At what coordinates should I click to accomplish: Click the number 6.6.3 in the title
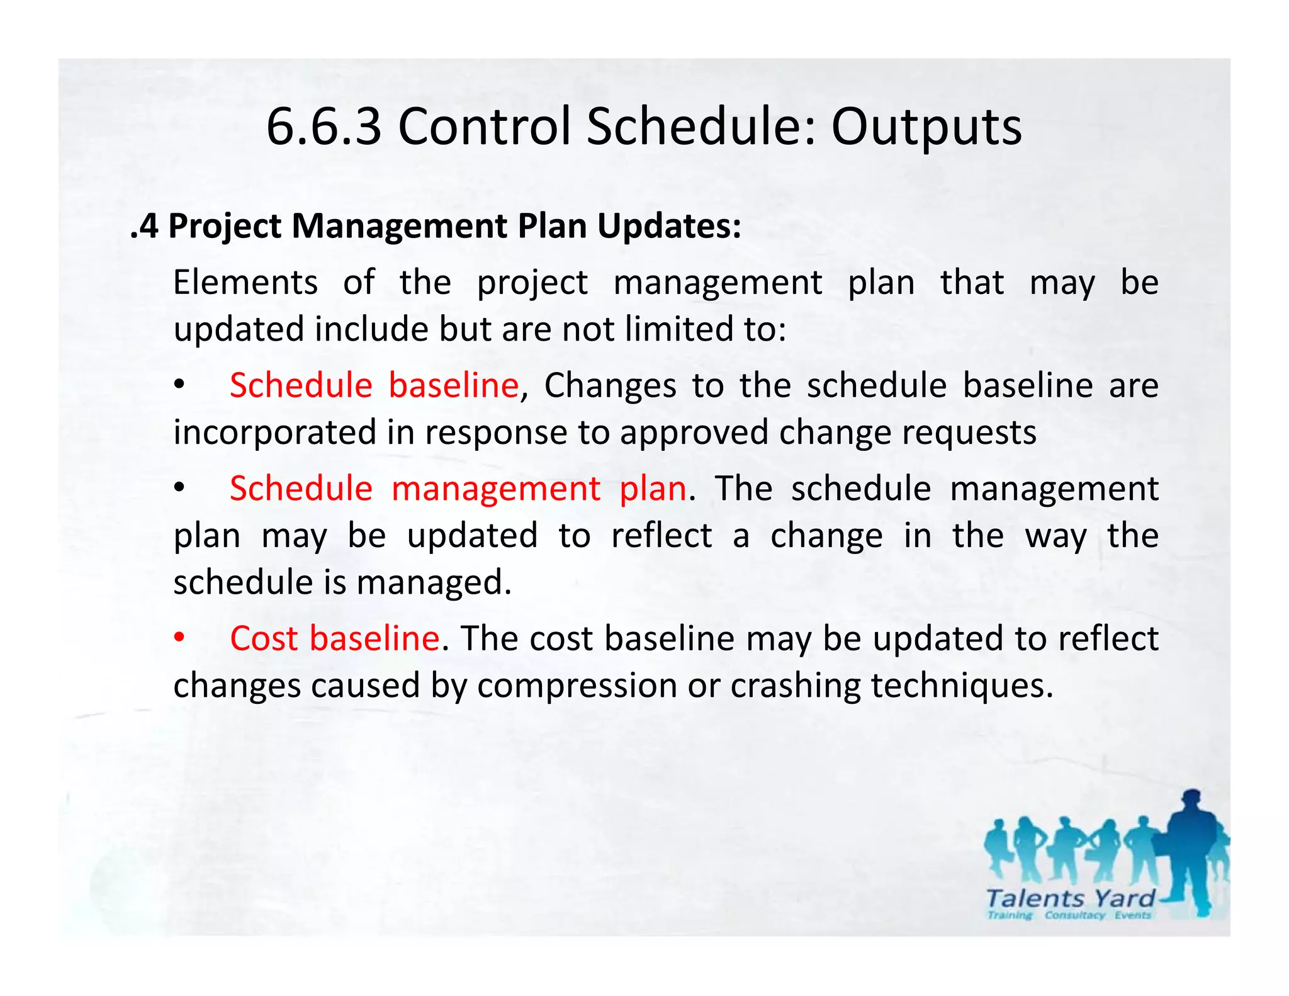point(324,127)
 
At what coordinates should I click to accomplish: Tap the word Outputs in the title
point(926,127)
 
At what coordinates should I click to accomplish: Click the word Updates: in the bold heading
point(669,226)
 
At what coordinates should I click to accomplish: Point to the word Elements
point(245,282)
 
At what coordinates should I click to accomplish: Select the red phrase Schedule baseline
point(374,385)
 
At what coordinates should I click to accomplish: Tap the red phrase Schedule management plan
point(458,489)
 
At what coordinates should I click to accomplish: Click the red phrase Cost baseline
point(334,638)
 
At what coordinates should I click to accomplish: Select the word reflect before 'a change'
point(661,536)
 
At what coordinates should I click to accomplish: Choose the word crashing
point(795,686)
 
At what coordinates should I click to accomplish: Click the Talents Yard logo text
point(1069,898)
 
